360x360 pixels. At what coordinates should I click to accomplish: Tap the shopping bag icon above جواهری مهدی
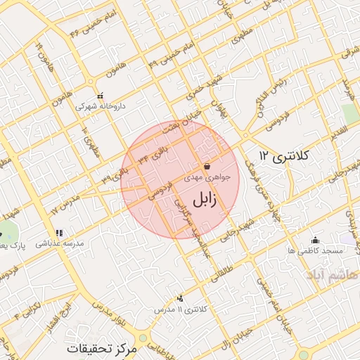207,167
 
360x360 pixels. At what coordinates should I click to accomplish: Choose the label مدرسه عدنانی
60,243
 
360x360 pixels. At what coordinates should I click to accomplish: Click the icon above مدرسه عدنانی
59,232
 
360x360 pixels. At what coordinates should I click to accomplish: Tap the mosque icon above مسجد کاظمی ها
315,240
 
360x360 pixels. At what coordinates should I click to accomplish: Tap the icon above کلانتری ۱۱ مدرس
181,298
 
